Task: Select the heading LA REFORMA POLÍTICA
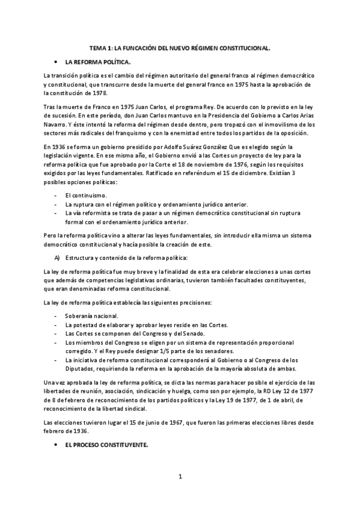pyautogui.click(x=97, y=62)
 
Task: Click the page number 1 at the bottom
pyautogui.click(x=180, y=478)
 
